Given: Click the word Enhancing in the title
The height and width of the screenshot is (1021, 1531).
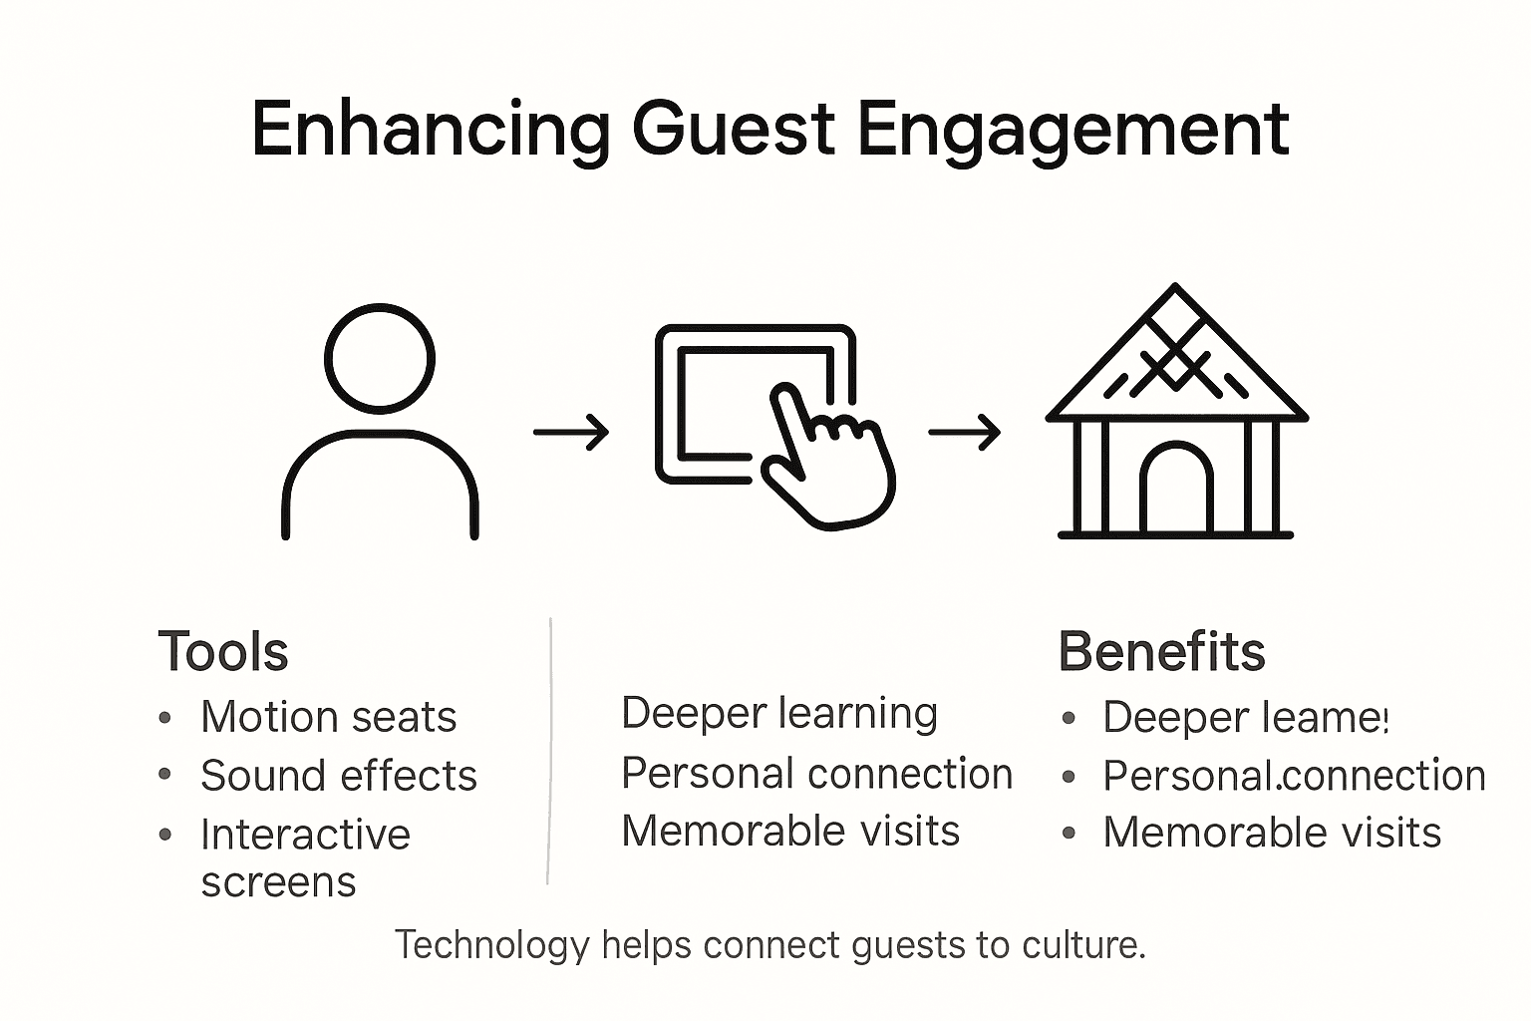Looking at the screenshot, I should pyautogui.click(x=431, y=130).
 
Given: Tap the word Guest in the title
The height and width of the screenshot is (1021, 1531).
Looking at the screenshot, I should pyautogui.click(x=733, y=130).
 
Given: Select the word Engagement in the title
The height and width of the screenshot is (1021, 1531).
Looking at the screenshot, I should pyautogui.click(x=1072, y=130).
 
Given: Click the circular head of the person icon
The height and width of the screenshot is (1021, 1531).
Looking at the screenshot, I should pyautogui.click(x=380, y=358).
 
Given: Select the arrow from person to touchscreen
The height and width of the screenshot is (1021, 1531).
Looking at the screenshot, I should pyautogui.click(x=571, y=433).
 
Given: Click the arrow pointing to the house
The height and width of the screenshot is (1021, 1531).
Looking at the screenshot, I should pyautogui.click(x=964, y=433).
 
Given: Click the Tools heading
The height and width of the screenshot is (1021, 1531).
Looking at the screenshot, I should pyautogui.click(x=223, y=652).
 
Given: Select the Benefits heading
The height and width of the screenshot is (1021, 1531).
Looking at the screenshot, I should pyautogui.click(x=1161, y=652).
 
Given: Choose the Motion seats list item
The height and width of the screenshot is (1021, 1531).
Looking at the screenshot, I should pyautogui.click(x=328, y=717).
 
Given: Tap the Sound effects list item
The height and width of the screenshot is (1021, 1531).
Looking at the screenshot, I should pyautogui.click(x=339, y=776).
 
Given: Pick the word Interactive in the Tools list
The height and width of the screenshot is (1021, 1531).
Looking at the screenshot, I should pyautogui.click(x=305, y=835).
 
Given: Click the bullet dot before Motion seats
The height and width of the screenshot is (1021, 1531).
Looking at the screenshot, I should pyautogui.click(x=165, y=717).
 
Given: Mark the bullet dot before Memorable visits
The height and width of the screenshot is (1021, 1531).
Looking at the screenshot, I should pyautogui.click(x=1070, y=833).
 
